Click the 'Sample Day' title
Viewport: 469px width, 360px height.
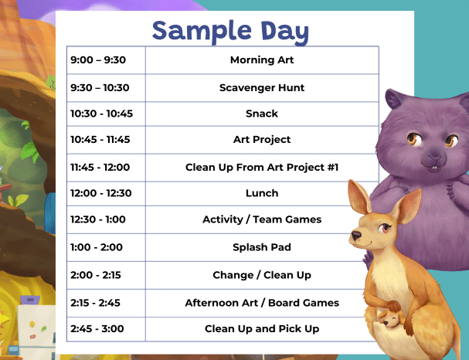(230, 32)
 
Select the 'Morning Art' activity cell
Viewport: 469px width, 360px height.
(262, 59)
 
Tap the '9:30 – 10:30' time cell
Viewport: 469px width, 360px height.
(100, 87)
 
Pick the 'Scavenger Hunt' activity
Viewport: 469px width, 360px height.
(262, 87)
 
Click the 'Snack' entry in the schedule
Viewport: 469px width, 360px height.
(262, 114)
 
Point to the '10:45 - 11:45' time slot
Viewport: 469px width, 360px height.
(100, 139)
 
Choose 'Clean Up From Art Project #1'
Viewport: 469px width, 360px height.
(262, 167)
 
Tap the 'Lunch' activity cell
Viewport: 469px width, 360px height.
(262, 193)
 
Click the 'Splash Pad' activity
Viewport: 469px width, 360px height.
(262, 247)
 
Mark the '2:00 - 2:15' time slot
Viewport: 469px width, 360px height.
(96, 275)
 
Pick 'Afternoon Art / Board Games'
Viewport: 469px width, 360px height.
(262, 303)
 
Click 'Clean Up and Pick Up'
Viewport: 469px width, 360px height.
(262, 328)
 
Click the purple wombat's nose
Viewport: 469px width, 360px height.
(434, 155)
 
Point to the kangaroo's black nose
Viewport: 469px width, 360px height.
(356, 236)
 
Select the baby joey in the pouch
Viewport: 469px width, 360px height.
(391, 319)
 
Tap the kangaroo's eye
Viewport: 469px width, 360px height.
(384, 228)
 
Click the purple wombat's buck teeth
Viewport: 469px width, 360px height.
(433, 169)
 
